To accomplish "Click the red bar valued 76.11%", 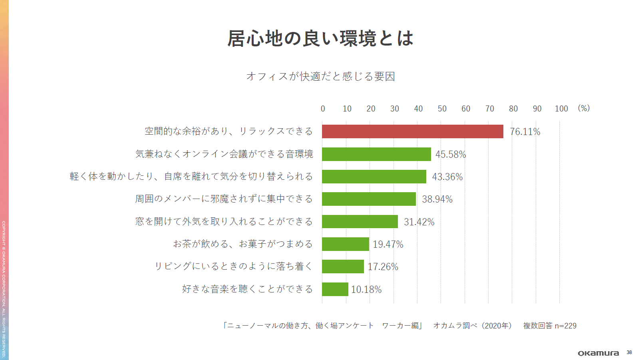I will (x=412, y=131).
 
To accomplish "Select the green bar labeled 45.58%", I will (x=376, y=154).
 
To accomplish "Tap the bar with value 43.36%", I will (x=374, y=177).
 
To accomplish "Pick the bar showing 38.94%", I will (x=369, y=199).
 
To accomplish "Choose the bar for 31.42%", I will (x=360, y=222).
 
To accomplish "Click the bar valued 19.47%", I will (x=345, y=244).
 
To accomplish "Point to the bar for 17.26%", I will (x=343, y=267).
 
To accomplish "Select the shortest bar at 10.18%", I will (x=335, y=289).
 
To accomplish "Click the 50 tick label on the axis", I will (x=442, y=109).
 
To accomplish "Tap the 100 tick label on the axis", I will (x=561, y=109).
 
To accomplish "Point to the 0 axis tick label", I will (x=323, y=109).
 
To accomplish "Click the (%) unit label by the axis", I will (x=584, y=108).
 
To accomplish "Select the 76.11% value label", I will (x=525, y=132).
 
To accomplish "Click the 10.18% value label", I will (x=366, y=290).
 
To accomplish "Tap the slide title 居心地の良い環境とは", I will (x=320, y=38).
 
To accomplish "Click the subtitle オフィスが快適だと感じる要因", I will (x=320, y=76).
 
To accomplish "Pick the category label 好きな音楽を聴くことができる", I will (x=247, y=289).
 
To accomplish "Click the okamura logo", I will (x=598, y=353).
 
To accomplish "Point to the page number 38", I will (x=629, y=352).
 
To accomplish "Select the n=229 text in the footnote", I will (x=565, y=326).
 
